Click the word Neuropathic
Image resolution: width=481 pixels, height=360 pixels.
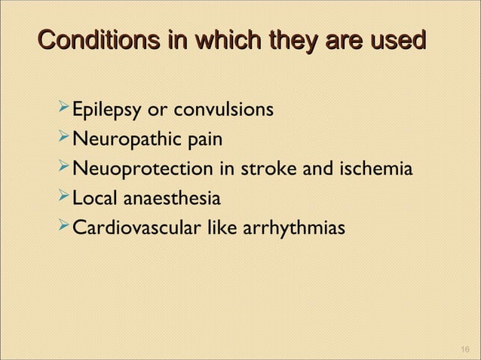tap(122, 141)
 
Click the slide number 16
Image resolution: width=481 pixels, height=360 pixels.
tap(464, 347)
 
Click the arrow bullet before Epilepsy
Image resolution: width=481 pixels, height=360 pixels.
tap(63, 111)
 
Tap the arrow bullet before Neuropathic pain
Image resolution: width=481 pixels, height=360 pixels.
tap(63, 140)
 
